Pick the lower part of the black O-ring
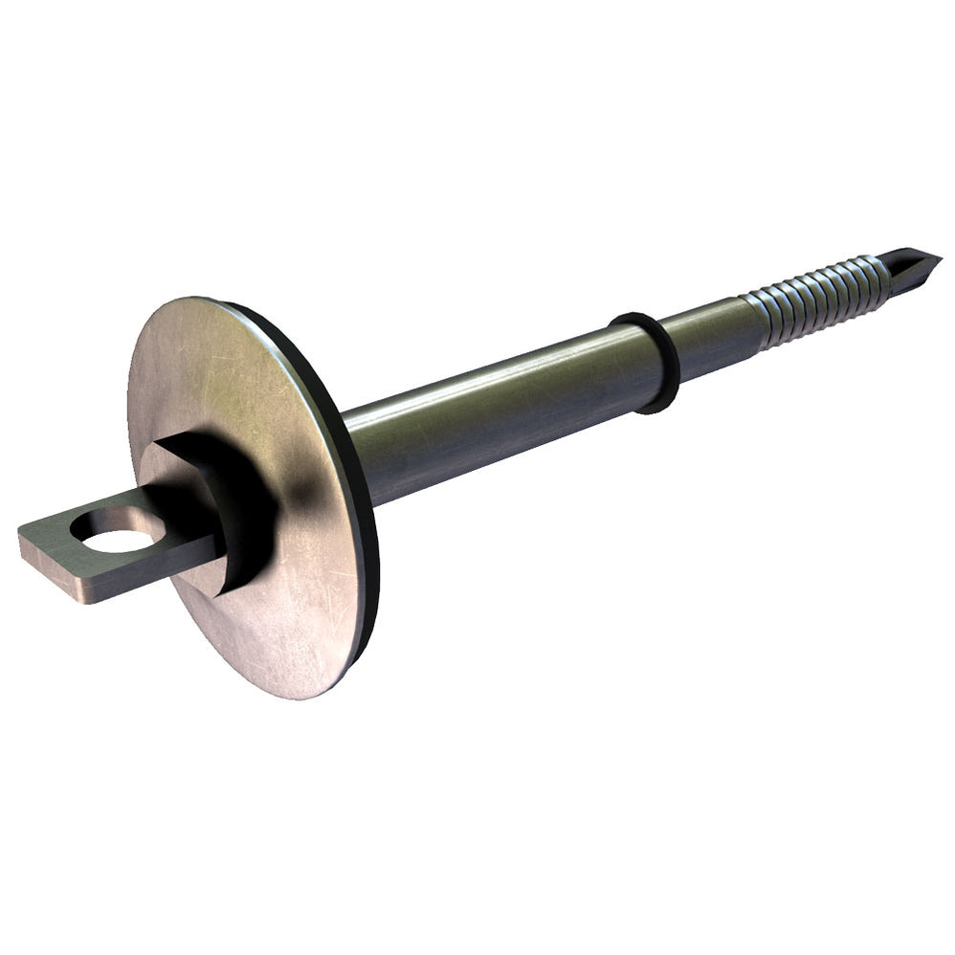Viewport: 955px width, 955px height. [x=660, y=402]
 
